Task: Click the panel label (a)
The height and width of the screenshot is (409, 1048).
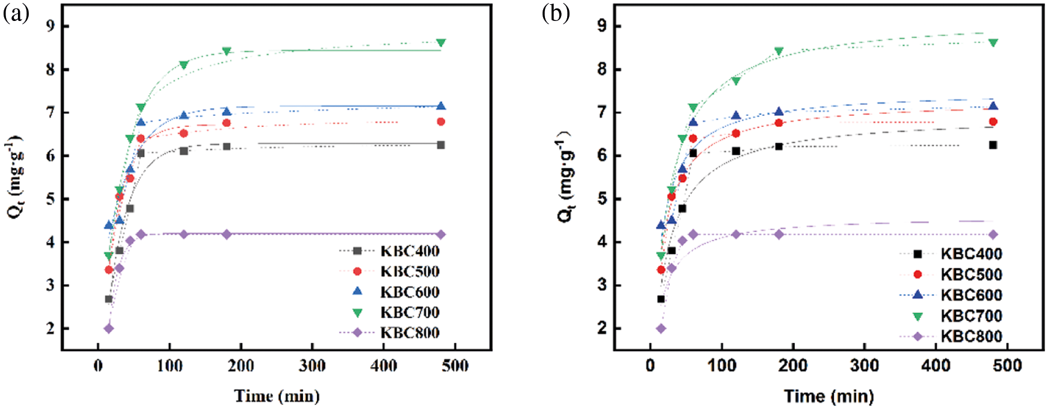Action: pos(16,13)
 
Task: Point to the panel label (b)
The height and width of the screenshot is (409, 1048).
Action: pos(555,13)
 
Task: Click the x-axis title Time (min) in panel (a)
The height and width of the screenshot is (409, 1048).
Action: pos(277,396)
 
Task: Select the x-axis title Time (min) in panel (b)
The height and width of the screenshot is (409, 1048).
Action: pos(829,396)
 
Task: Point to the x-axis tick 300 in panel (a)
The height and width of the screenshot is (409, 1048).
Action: pos(312,365)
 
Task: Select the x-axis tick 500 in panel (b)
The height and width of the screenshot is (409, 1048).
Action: pos(1007,365)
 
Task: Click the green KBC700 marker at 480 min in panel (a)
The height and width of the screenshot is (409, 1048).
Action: pos(441,43)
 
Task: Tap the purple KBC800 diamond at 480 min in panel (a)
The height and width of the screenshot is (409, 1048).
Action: pos(441,235)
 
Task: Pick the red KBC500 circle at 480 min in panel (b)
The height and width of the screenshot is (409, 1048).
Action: pos(993,122)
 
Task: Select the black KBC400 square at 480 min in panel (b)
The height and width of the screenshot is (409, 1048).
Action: pos(993,145)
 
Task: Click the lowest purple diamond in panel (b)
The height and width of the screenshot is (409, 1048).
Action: pos(661,328)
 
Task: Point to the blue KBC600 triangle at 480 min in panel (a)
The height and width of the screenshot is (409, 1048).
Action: pos(441,106)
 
